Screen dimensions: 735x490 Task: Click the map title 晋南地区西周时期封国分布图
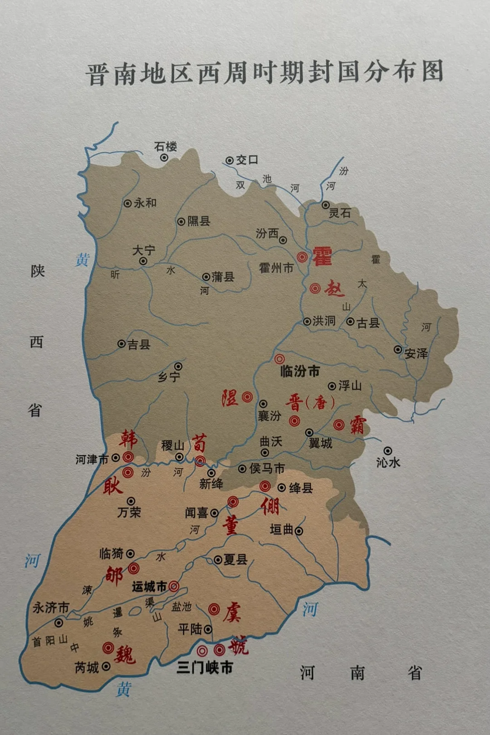(265, 73)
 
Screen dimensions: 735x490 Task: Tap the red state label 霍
(322, 257)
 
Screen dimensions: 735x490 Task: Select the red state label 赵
(334, 289)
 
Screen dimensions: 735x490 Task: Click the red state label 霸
(358, 425)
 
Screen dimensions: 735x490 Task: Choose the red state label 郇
(114, 576)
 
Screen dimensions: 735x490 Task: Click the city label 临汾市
(300, 372)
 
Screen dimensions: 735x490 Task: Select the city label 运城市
(149, 587)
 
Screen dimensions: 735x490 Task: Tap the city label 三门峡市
(205, 667)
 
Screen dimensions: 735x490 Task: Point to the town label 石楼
(165, 147)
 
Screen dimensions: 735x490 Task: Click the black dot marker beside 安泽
(398, 350)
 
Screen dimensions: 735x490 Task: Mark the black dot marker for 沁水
(388, 451)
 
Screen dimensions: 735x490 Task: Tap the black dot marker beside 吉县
(122, 344)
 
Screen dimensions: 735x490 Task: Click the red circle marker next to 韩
(128, 457)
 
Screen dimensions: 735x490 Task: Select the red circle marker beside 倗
(265, 487)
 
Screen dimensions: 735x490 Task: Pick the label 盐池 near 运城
(181, 607)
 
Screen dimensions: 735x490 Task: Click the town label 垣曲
(282, 529)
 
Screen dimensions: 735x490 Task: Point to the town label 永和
(145, 203)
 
